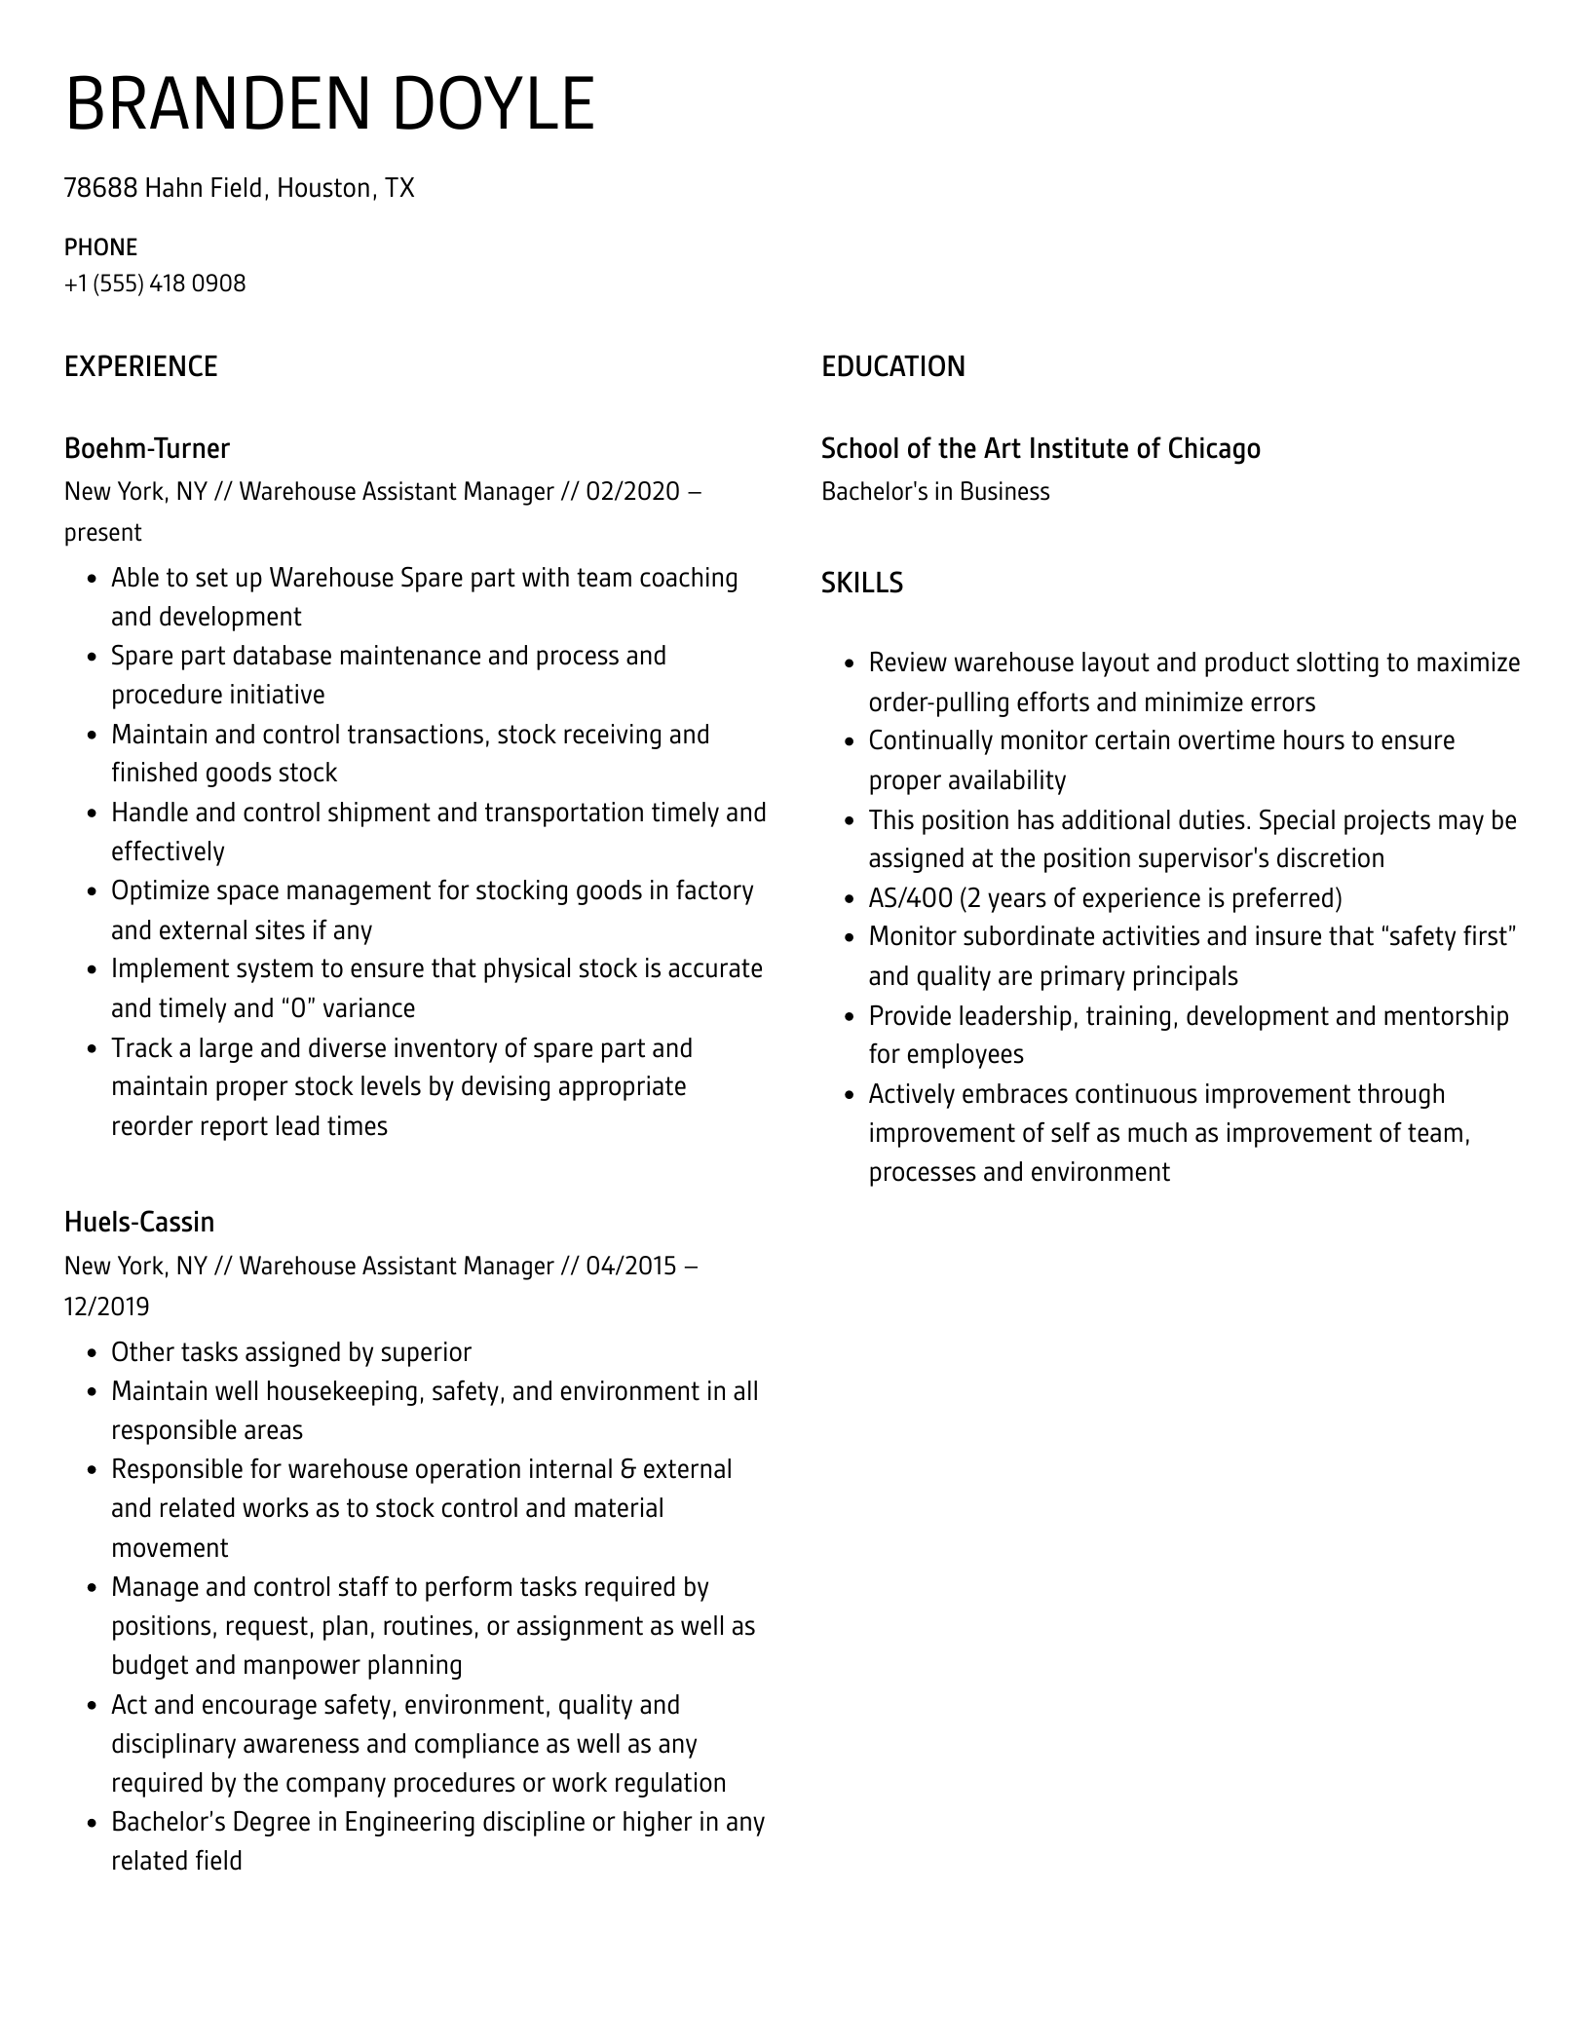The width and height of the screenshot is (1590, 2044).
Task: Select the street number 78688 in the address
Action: pyautogui.click(x=100, y=188)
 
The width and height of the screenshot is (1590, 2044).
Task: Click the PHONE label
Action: pyautogui.click(x=100, y=247)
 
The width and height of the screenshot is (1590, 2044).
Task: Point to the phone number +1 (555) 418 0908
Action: pyautogui.click(x=155, y=284)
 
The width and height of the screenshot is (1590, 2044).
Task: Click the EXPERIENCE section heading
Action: pyautogui.click(x=140, y=367)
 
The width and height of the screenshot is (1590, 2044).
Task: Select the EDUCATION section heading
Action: pyautogui.click(x=892, y=367)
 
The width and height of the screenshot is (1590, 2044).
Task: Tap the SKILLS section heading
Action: pyautogui.click(x=861, y=583)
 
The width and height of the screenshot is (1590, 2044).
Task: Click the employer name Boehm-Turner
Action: pyautogui.click(x=146, y=449)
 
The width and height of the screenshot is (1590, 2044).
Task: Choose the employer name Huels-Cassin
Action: pyautogui.click(x=138, y=1223)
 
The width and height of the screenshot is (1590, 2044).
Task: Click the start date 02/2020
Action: pyautogui.click(x=632, y=492)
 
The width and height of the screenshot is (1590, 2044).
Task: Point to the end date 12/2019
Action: pyautogui.click(x=107, y=1306)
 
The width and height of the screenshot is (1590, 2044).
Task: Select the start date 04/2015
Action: pyautogui.click(x=631, y=1267)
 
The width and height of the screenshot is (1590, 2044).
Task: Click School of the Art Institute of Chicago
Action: pyautogui.click(x=1040, y=449)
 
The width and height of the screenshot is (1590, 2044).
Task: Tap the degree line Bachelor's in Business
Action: pyautogui.click(x=934, y=492)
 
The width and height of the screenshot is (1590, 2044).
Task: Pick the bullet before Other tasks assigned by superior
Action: pyautogui.click(x=92, y=1353)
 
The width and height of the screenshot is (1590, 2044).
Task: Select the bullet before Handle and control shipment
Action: pyautogui.click(x=92, y=814)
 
